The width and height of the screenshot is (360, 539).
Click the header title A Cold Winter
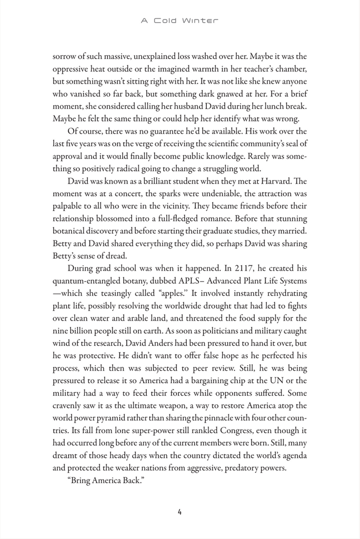pos(179,21)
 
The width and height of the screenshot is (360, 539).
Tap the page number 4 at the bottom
pos(180,512)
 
